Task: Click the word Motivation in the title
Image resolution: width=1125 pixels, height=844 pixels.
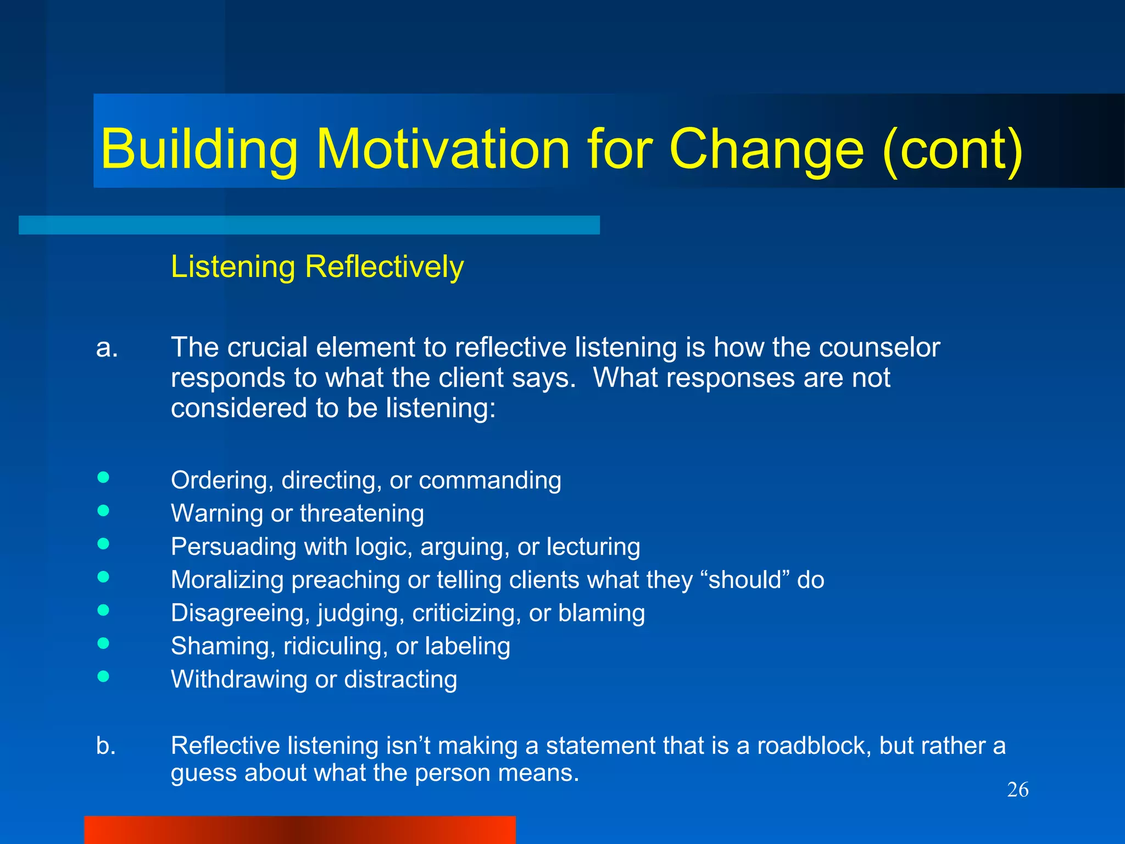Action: (x=443, y=149)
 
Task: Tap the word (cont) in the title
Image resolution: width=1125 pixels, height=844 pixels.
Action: (x=953, y=149)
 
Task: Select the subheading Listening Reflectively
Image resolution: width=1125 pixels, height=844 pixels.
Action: (x=317, y=267)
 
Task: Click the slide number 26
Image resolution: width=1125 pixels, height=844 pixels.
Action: (x=1017, y=790)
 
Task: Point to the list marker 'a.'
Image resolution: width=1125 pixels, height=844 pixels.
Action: (x=107, y=348)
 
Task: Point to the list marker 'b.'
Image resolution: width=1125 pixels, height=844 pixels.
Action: (x=106, y=746)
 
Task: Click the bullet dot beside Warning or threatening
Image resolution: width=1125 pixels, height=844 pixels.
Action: (x=103, y=511)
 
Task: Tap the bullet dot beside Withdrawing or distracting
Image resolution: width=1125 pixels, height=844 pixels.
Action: (x=103, y=676)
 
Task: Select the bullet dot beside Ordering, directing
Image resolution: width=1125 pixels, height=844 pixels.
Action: (x=103, y=477)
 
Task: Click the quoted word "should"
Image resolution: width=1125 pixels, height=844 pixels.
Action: (x=745, y=580)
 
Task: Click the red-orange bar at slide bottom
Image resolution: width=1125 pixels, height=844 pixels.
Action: (x=299, y=830)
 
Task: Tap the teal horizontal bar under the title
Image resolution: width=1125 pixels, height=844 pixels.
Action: (x=309, y=225)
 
